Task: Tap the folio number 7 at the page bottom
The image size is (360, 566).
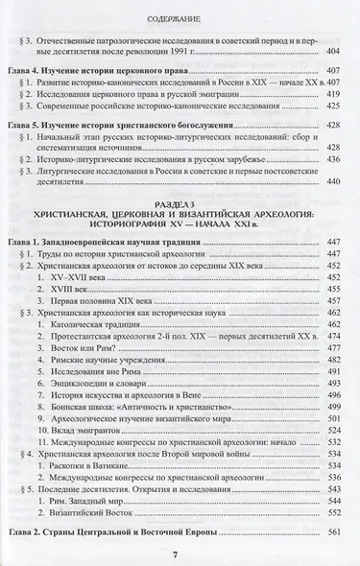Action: [180, 553]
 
